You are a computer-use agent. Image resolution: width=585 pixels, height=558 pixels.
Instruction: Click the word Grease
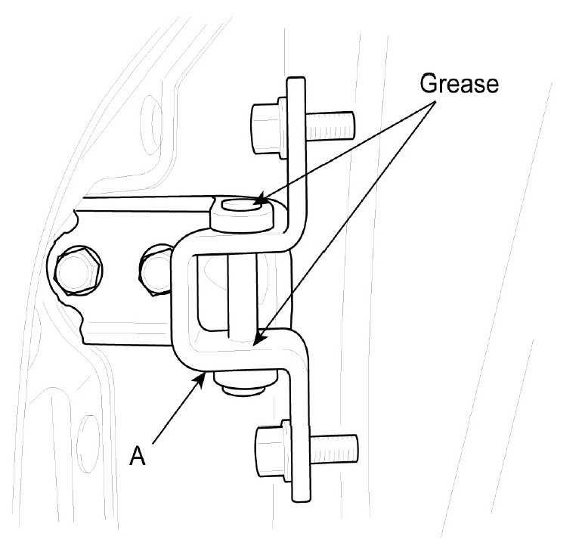[460, 82]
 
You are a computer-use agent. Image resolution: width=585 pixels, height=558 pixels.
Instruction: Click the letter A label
[137, 457]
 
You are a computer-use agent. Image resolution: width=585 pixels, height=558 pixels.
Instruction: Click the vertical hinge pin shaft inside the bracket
[240, 295]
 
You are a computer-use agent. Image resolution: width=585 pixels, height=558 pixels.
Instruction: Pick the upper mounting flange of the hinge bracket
[298, 144]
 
